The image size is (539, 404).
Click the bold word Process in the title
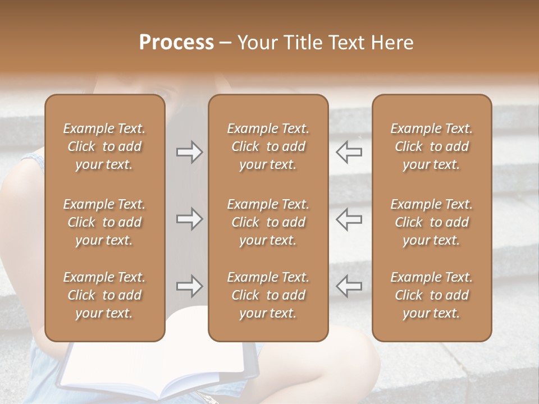click(x=176, y=43)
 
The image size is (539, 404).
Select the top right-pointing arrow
click(x=189, y=151)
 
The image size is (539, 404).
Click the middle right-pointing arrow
click(x=189, y=219)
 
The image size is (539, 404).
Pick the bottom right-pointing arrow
click(x=189, y=286)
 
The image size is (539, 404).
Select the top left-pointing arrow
click(x=349, y=151)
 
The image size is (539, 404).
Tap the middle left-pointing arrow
click(x=349, y=219)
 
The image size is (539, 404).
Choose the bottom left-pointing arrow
click(x=349, y=286)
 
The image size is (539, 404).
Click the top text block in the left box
click(x=104, y=146)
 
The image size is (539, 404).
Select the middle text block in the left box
click(x=104, y=222)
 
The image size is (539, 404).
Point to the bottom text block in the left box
click(x=104, y=295)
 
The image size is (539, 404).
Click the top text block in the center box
click(x=268, y=146)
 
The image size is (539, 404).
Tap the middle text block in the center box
click(x=268, y=222)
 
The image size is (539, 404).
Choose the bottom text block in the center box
click(x=268, y=295)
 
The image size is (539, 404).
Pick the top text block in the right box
click(x=432, y=146)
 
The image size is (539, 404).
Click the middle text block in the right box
click(x=432, y=222)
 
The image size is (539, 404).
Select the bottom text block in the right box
click(x=432, y=295)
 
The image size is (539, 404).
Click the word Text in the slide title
click(x=346, y=43)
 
